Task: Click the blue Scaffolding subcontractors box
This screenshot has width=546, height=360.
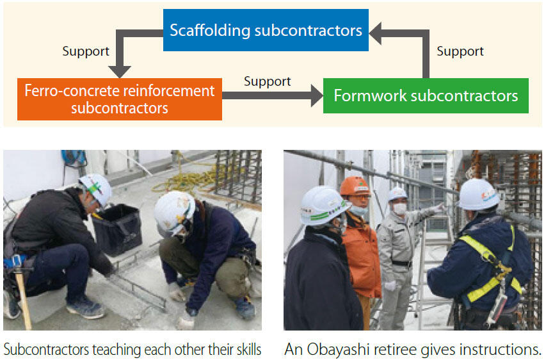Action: point(266,30)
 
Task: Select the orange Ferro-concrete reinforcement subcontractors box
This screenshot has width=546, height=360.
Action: point(120,99)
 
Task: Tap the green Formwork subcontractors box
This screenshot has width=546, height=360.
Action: point(426,96)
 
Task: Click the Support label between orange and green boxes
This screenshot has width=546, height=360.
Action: point(267,81)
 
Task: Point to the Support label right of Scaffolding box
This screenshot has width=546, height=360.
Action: point(460,52)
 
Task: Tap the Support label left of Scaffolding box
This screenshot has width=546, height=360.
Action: point(86,52)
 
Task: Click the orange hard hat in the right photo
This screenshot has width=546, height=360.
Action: point(355,186)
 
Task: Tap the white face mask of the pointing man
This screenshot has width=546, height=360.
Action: point(400,208)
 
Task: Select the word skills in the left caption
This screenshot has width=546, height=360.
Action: point(243,350)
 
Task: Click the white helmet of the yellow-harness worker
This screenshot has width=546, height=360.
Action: point(479,195)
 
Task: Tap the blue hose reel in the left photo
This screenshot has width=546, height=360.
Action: point(74,159)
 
